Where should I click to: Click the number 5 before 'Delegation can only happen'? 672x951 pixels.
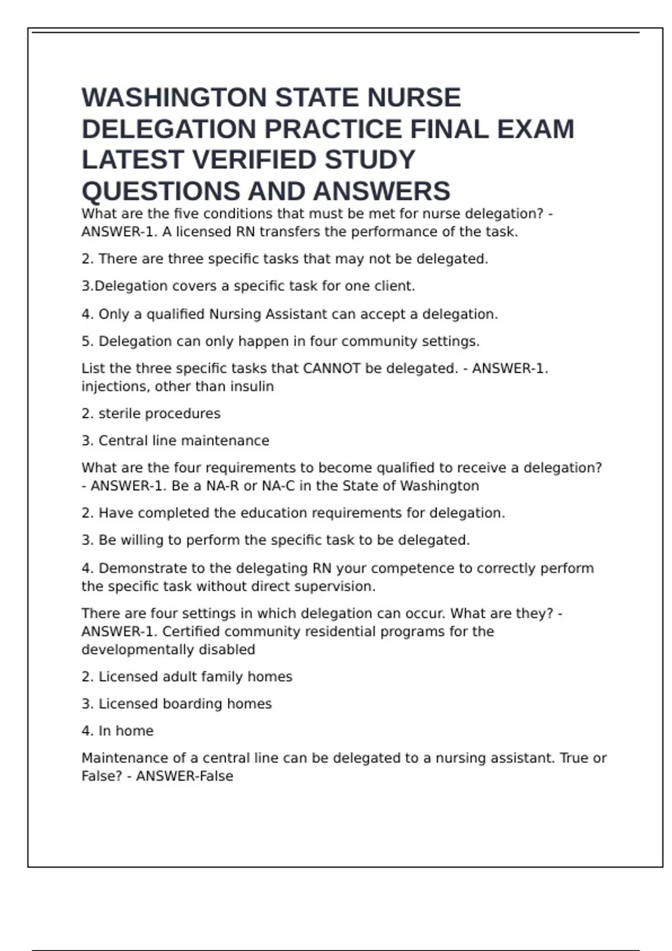86,341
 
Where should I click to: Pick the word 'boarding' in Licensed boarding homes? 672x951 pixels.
192,704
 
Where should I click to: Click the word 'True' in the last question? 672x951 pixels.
574,758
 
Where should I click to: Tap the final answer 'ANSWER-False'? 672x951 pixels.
184,776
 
